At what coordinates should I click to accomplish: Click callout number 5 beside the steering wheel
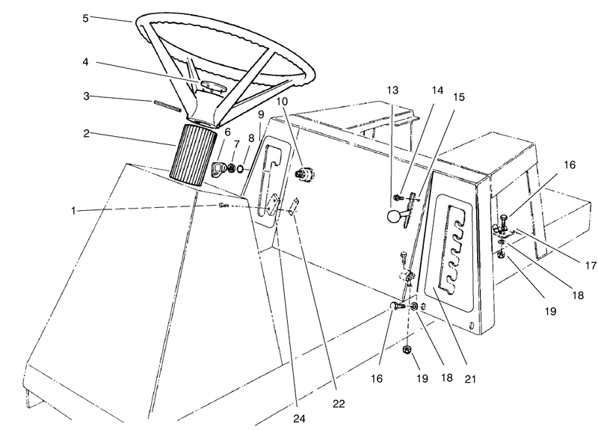click(x=85, y=18)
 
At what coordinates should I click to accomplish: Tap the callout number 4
click(x=85, y=61)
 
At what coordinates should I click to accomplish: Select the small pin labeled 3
click(x=167, y=105)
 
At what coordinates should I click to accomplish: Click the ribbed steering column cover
click(x=194, y=155)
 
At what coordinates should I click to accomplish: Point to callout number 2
click(x=86, y=134)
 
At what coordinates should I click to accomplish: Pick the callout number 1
click(x=73, y=210)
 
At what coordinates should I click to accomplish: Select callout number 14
click(x=437, y=90)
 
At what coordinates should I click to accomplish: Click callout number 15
click(x=459, y=97)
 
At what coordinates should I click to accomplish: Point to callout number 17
click(x=590, y=265)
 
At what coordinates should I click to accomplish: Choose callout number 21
click(x=470, y=379)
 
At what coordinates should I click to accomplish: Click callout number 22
click(x=339, y=403)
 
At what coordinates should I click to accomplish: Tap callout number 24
click(x=300, y=419)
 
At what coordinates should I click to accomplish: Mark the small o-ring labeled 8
click(x=240, y=168)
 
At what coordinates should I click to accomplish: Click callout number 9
click(x=261, y=114)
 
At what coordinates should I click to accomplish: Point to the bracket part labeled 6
click(x=219, y=169)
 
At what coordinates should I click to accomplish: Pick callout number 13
click(x=392, y=90)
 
